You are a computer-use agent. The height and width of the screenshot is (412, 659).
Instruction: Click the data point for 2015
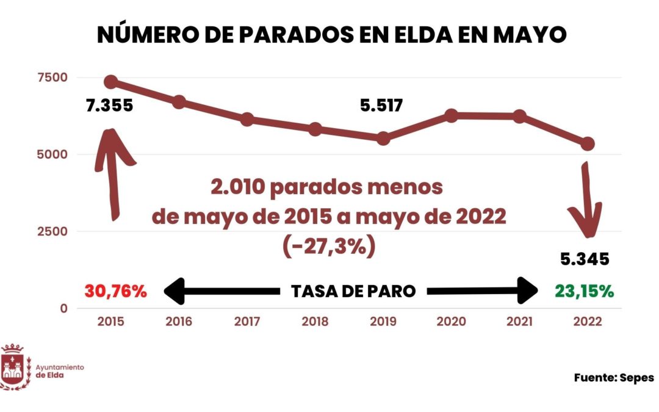pos(111,82)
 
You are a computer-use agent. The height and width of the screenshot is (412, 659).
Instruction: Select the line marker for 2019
pos(383,139)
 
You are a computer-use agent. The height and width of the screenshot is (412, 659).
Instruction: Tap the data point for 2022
pos(588,143)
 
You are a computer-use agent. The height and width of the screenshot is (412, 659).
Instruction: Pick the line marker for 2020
pos(452,115)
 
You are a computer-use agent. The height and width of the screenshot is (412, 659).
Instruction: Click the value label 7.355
pos(109,106)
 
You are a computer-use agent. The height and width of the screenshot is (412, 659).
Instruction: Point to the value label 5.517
pos(381,106)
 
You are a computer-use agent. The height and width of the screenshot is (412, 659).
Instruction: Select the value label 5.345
pos(585,259)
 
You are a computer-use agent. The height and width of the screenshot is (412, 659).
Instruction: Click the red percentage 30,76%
pos(116,291)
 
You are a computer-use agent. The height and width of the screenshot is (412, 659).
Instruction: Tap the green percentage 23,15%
pos(584,291)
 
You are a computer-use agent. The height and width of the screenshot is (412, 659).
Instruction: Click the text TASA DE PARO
pos(353,292)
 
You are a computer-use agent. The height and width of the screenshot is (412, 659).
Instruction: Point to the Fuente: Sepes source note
pos(613,378)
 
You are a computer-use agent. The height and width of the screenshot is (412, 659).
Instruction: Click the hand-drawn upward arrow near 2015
pos(112,171)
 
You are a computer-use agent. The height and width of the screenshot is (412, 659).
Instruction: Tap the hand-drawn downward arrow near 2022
pos(587,201)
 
